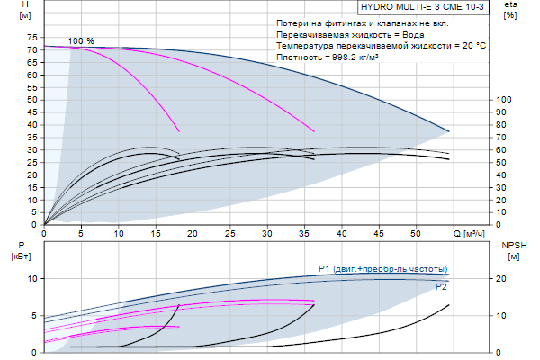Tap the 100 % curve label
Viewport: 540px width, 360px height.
[x=81, y=41]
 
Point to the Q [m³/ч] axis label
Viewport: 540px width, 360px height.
[x=468, y=235]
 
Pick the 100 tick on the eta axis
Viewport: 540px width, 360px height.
[x=505, y=100]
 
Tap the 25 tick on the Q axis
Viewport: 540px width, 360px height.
[x=230, y=233]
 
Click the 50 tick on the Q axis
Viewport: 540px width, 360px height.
[x=416, y=233]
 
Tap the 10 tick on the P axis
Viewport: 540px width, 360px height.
[x=31, y=279]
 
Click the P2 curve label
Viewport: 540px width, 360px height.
[x=441, y=286]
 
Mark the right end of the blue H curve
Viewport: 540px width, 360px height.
[x=448, y=131]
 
